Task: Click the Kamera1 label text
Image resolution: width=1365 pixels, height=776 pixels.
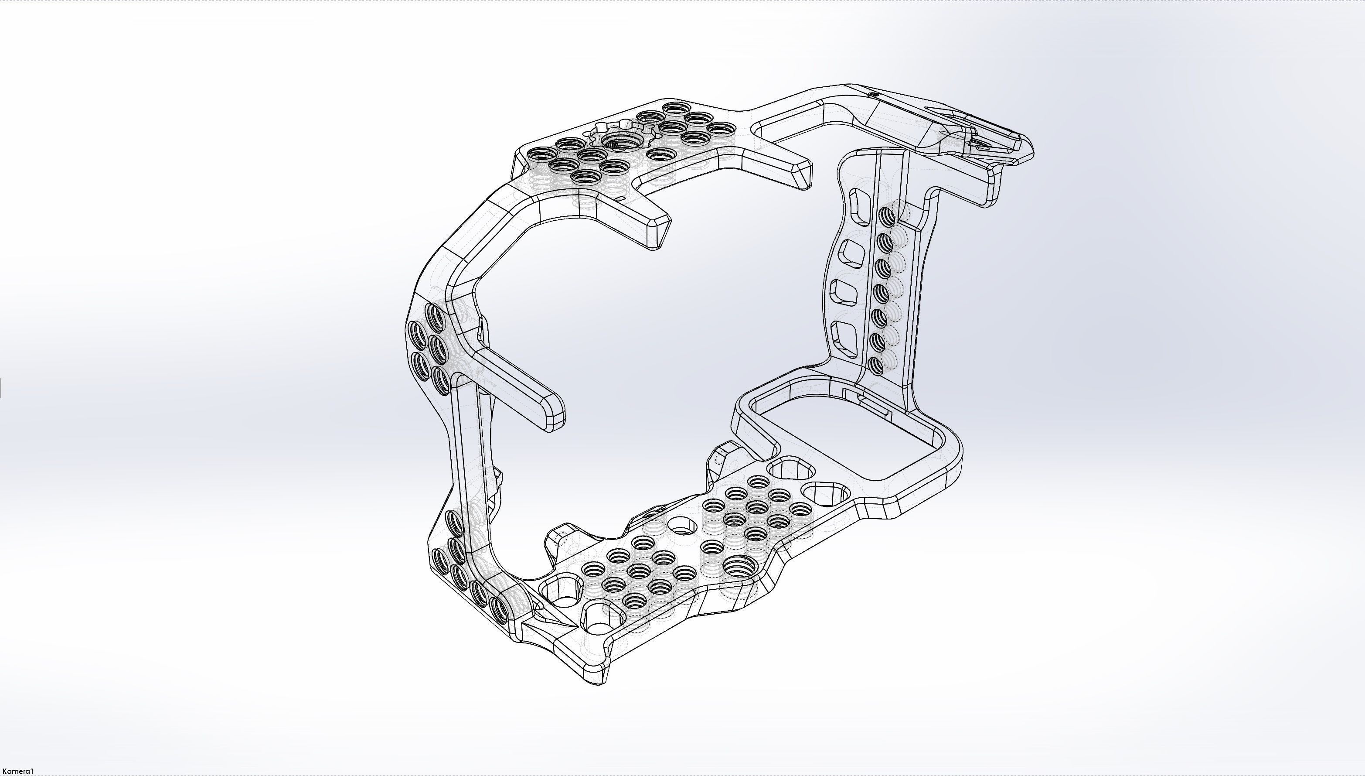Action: click(x=17, y=771)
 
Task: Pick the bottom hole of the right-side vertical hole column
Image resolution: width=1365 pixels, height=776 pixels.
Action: click(x=875, y=365)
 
